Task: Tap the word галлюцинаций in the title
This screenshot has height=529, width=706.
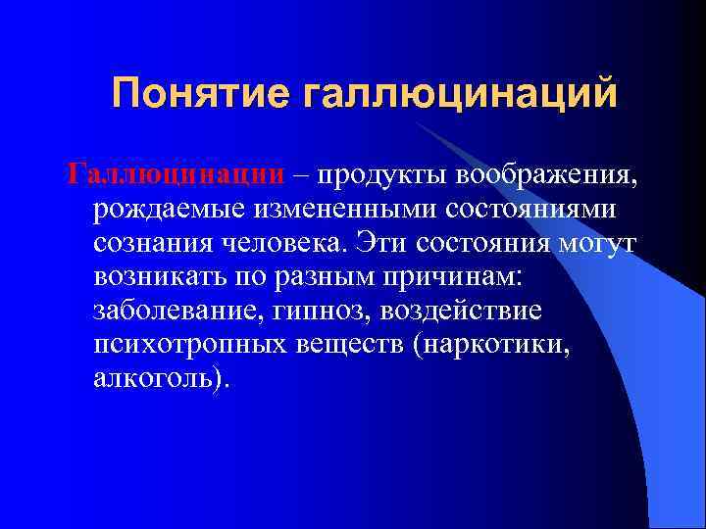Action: (x=460, y=94)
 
